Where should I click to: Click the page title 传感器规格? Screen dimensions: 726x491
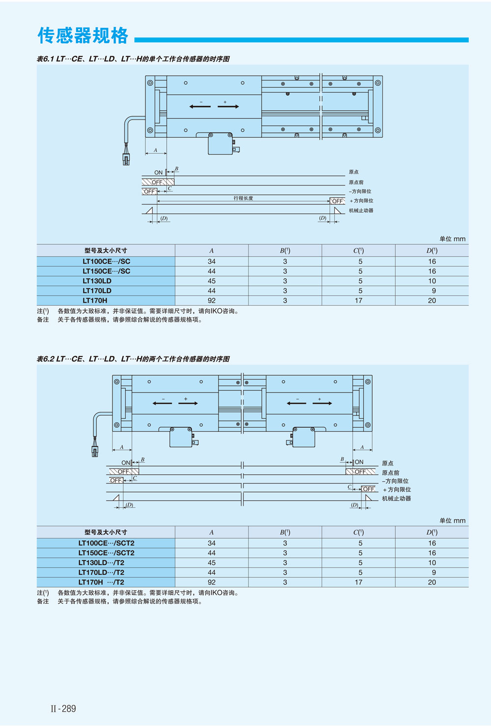coord(83,36)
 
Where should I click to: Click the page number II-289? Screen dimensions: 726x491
coord(63,708)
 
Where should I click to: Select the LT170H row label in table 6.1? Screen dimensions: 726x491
coord(95,301)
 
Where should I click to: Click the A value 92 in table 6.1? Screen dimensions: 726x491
coord(212,301)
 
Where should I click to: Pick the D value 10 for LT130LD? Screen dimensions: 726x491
coord(432,281)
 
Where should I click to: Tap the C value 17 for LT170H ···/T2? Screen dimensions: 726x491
coord(358,582)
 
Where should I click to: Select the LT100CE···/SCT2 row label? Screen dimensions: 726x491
coord(106,543)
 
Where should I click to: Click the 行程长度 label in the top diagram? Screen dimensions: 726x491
coord(243,198)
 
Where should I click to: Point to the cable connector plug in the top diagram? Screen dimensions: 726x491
coord(126,159)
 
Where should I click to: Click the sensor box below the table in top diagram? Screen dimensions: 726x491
coord(220,144)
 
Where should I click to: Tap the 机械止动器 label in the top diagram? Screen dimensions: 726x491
coord(361,210)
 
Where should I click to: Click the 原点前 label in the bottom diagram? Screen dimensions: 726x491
coord(390,472)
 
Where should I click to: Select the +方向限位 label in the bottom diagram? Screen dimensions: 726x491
coord(397,490)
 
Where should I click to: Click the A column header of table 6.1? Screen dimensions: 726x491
coord(212,251)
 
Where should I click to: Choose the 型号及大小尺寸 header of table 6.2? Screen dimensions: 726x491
coord(106,532)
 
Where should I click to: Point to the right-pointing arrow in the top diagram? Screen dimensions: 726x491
coord(228,106)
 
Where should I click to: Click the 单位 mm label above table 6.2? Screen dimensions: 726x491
coord(452,520)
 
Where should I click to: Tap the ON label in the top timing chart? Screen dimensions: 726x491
coord(158,173)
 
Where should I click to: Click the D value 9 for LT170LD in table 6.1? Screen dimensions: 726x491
coord(434,291)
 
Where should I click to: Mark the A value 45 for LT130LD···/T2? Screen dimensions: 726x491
coord(212,563)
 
